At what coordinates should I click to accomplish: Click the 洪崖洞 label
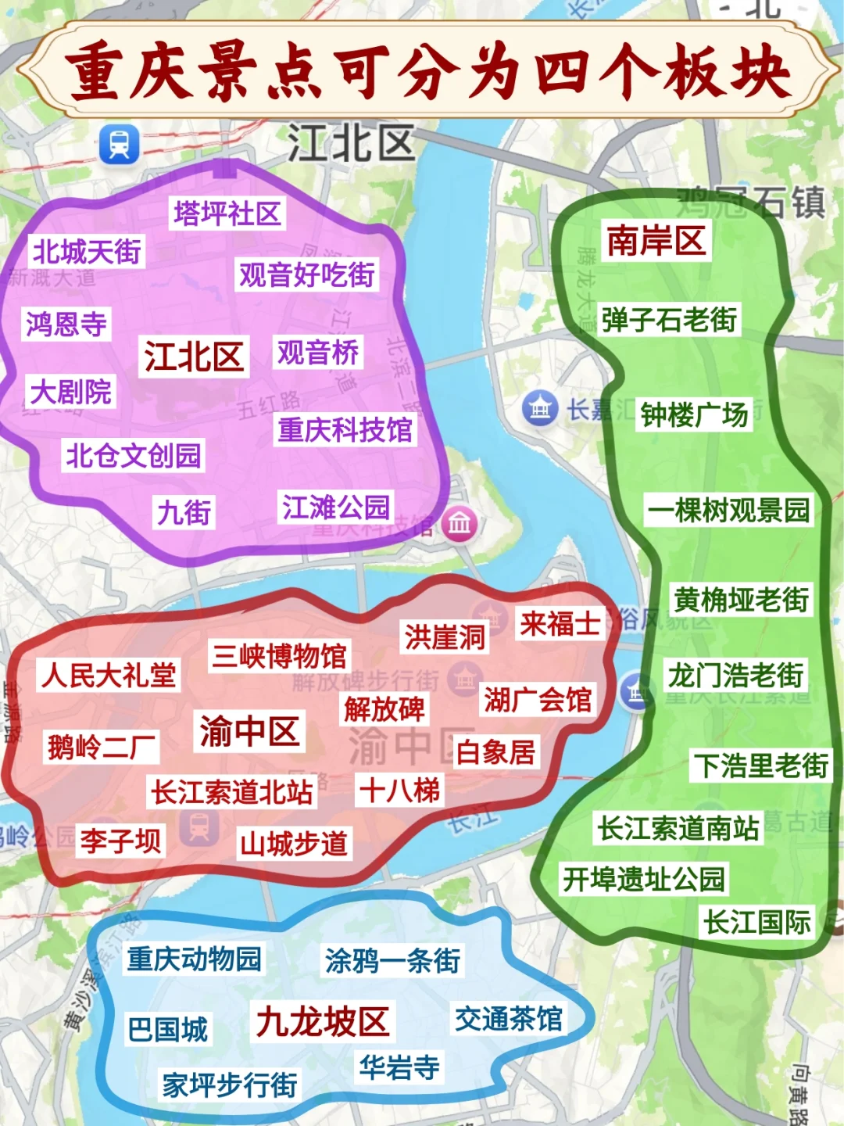click(x=445, y=637)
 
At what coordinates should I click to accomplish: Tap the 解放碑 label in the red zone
click(x=384, y=709)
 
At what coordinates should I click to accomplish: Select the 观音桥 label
click(x=318, y=353)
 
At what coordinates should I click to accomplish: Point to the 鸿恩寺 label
click(x=66, y=324)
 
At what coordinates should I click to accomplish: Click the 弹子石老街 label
click(x=669, y=320)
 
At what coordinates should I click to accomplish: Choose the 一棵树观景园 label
click(x=728, y=511)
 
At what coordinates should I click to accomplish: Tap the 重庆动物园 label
click(x=195, y=959)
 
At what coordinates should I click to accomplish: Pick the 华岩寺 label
click(x=399, y=1067)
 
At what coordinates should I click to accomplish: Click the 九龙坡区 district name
click(x=323, y=1021)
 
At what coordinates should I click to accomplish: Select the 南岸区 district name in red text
click(x=656, y=240)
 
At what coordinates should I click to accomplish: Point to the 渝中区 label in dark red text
click(x=249, y=731)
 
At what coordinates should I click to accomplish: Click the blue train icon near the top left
click(x=120, y=145)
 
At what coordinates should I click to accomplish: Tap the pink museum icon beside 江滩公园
click(x=460, y=523)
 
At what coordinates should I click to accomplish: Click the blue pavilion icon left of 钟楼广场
click(x=540, y=407)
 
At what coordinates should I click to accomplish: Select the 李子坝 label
click(x=120, y=841)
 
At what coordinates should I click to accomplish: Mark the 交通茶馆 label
click(x=509, y=1019)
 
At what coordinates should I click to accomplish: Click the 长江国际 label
click(x=757, y=923)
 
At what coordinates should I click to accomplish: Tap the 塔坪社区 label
click(x=227, y=213)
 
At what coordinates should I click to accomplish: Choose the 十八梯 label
click(x=399, y=791)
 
